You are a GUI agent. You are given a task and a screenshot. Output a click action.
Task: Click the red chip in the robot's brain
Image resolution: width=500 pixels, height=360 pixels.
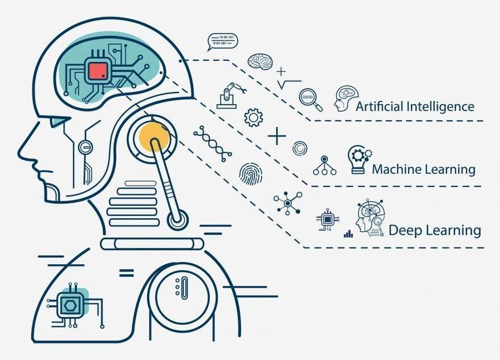(98, 71)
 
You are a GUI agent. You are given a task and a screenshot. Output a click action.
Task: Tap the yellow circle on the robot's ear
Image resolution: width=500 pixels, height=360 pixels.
(155, 136)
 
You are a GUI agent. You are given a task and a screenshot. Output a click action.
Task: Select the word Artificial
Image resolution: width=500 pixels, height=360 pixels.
(378, 107)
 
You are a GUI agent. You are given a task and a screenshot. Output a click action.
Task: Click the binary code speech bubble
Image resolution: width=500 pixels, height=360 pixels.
(222, 42)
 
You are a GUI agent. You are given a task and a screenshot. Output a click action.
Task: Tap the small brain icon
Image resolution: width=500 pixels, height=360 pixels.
(261, 61)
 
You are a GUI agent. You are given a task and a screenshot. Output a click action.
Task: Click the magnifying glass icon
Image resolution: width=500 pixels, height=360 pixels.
(310, 99)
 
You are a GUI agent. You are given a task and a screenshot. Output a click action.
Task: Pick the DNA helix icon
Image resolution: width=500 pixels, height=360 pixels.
(213, 144)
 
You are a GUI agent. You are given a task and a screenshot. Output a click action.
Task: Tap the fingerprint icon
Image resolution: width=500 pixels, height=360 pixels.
(251, 174)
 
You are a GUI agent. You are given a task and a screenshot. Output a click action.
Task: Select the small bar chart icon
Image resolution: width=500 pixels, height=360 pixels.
(348, 234)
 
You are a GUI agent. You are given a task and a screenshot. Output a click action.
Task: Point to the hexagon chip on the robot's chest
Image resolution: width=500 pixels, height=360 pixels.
(70, 306)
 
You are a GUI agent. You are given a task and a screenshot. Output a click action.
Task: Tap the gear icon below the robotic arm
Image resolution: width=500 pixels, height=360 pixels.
(254, 117)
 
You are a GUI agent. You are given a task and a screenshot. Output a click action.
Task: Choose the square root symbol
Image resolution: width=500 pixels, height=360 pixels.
(289, 84)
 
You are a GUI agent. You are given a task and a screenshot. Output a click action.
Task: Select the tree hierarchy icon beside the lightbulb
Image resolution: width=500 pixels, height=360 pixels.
(324, 165)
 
